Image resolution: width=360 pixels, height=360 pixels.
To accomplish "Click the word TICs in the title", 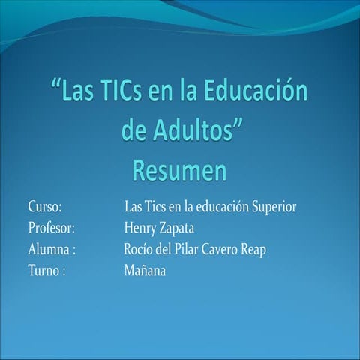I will [132, 95].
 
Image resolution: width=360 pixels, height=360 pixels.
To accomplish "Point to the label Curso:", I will [44, 205].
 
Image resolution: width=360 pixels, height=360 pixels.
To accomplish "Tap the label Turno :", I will [46, 271].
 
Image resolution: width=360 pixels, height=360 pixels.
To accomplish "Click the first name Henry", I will [141, 227].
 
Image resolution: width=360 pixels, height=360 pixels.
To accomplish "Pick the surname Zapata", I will [182, 227].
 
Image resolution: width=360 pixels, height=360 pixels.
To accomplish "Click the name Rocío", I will [139, 249].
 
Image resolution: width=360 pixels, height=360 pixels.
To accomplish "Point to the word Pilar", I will [187, 249].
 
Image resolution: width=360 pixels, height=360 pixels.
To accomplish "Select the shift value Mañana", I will [145, 271].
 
